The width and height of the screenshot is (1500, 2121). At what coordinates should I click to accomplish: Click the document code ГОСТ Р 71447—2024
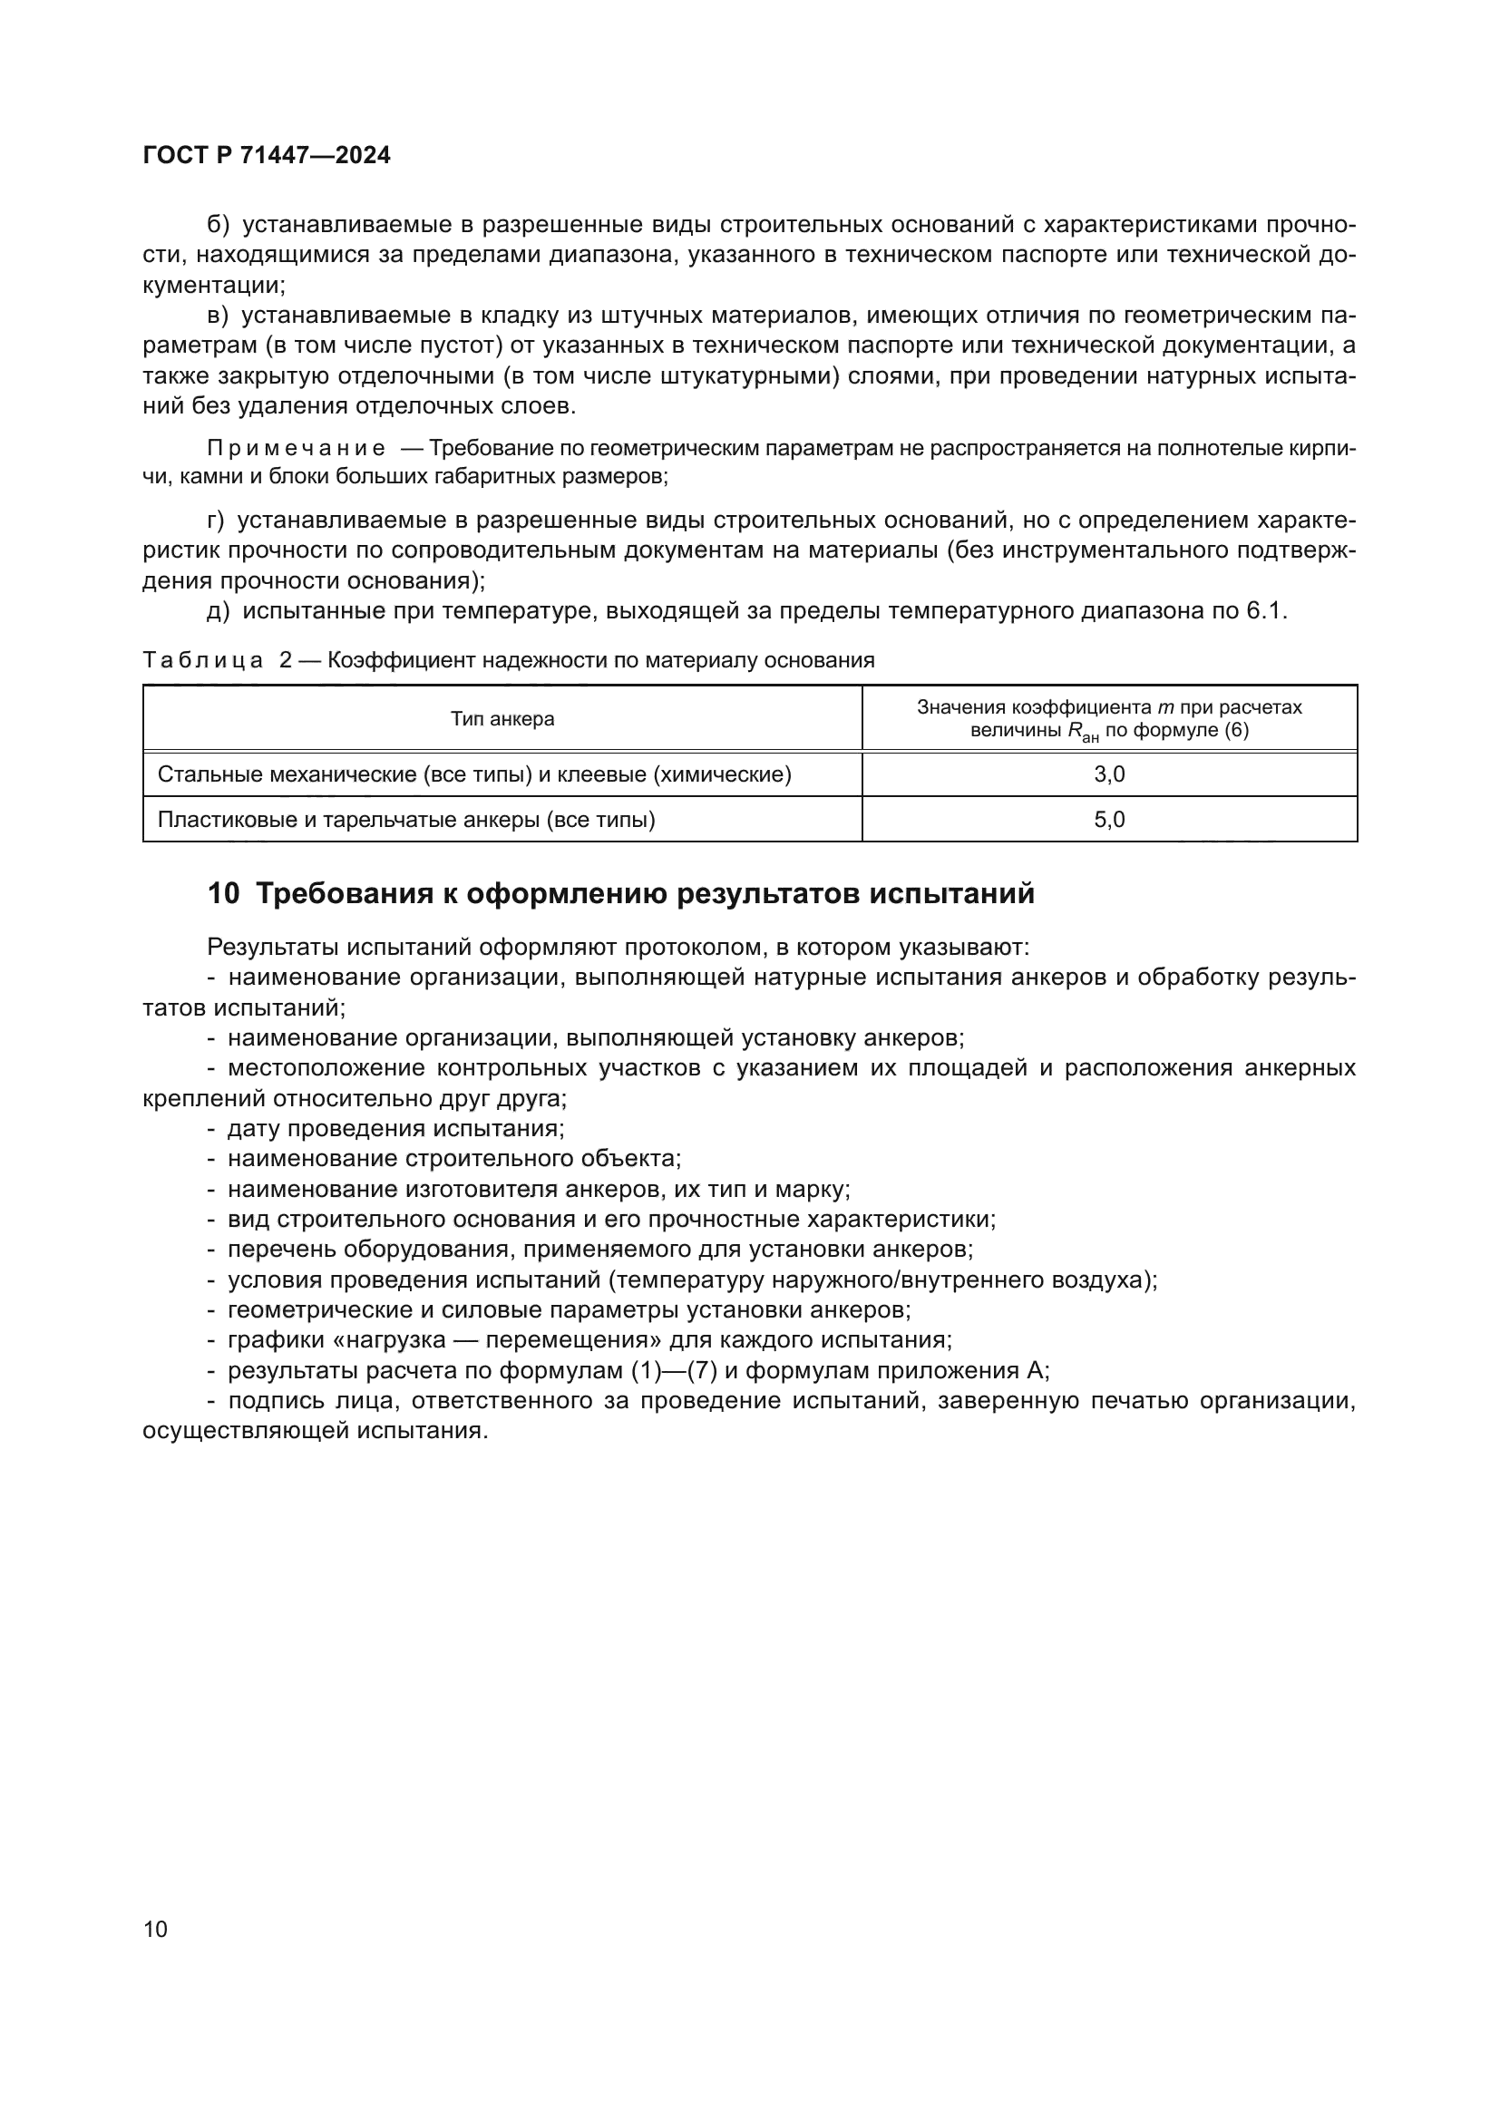[267, 155]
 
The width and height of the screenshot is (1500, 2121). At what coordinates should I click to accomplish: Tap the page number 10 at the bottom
[155, 1929]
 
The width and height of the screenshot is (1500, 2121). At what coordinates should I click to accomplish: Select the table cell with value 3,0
[1108, 774]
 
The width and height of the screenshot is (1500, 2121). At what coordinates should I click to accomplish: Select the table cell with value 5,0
[1108, 820]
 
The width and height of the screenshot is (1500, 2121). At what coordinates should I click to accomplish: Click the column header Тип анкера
[502, 719]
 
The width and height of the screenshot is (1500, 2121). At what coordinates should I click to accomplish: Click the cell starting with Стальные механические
[473, 774]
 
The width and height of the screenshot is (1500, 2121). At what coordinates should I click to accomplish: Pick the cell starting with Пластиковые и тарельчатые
[406, 820]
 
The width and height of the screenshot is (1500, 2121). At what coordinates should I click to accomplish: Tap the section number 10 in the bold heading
[223, 893]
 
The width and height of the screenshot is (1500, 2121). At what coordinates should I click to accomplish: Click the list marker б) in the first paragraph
[218, 225]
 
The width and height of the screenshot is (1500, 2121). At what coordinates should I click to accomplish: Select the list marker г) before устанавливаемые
[216, 521]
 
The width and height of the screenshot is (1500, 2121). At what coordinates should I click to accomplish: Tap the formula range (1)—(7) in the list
[674, 1370]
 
